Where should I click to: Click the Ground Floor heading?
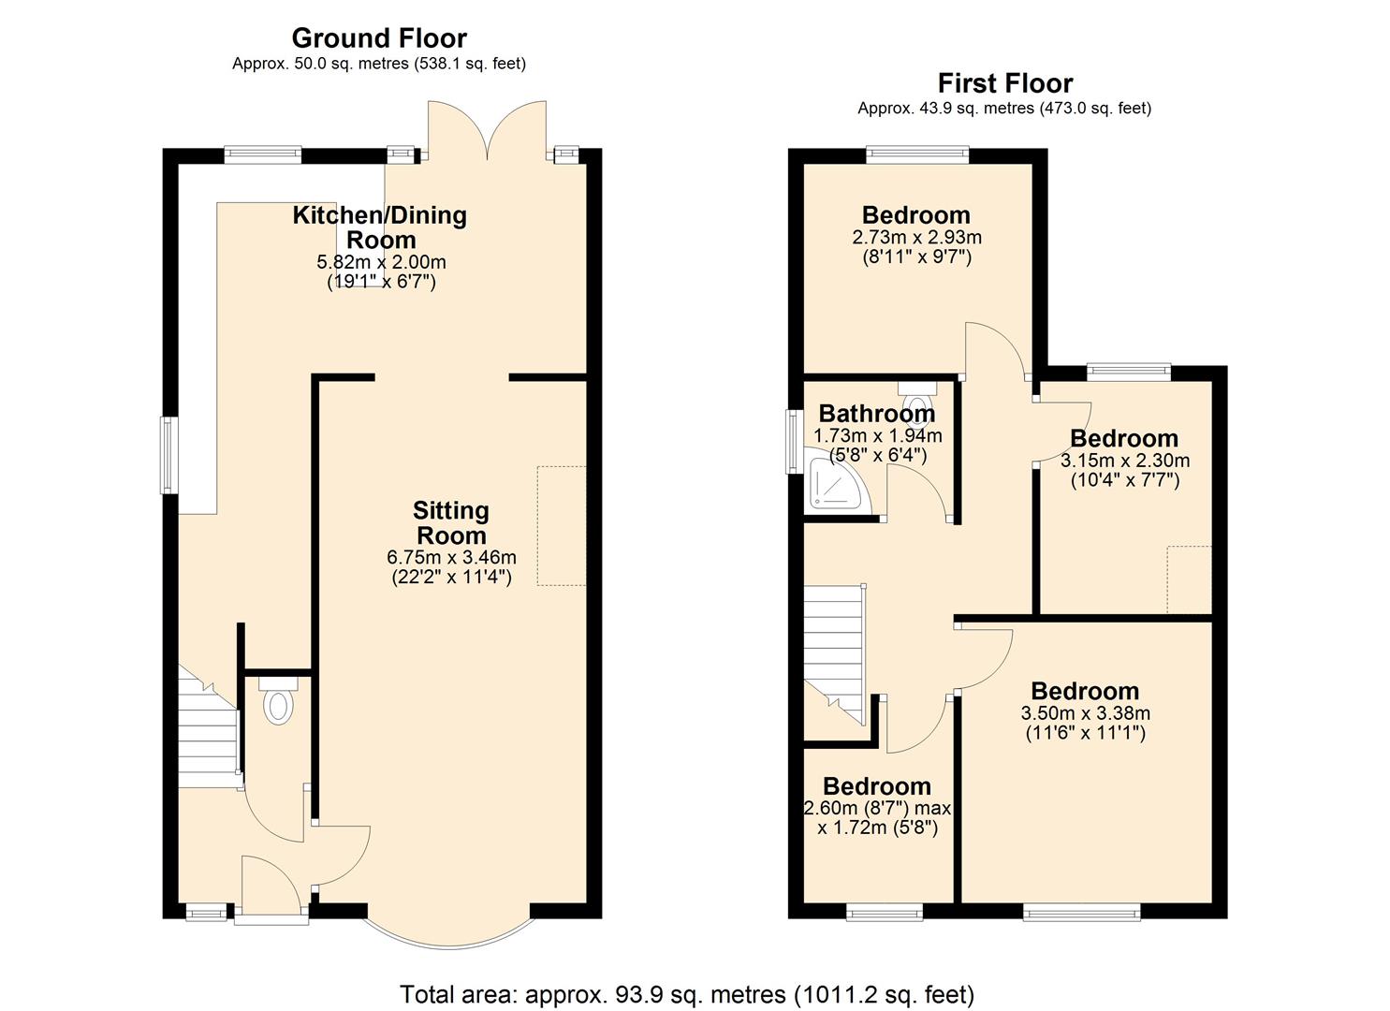[x=379, y=38]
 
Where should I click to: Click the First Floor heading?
[x=1004, y=83]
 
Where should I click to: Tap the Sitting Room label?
[x=451, y=523]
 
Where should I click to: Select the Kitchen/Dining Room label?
[x=380, y=227]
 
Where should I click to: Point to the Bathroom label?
[x=876, y=413]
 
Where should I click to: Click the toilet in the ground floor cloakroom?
[x=277, y=703]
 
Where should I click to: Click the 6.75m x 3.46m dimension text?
[x=451, y=557]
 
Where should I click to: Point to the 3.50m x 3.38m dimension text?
[x=1085, y=713]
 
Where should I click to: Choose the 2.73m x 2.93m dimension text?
[x=916, y=238]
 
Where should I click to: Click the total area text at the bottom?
[x=687, y=993]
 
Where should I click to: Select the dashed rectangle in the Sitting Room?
[x=562, y=525]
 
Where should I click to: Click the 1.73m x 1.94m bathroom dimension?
[x=877, y=436]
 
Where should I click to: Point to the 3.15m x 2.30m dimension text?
[x=1124, y=461]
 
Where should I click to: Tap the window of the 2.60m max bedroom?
[x=885, y=912]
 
